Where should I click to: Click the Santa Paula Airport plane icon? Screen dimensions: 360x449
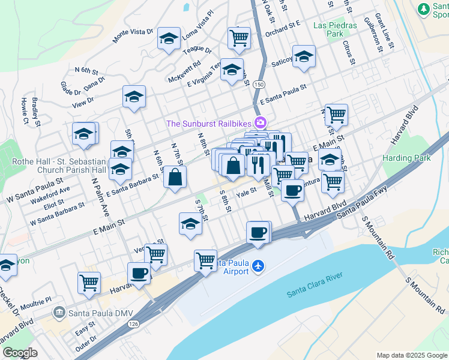[258, 265]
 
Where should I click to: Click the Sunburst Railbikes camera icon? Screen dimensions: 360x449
[261, 123]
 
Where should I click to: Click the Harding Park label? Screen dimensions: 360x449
[406, 158]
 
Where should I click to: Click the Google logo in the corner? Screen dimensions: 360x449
[20, 352]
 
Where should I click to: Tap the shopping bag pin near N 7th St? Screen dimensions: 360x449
[175, 177]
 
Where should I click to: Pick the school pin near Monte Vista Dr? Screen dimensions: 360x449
[169, 38]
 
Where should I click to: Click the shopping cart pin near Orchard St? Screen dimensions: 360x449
[240, 38]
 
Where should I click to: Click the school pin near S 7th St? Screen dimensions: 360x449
[191, 224]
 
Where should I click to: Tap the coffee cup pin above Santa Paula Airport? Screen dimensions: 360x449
[258, 232]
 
